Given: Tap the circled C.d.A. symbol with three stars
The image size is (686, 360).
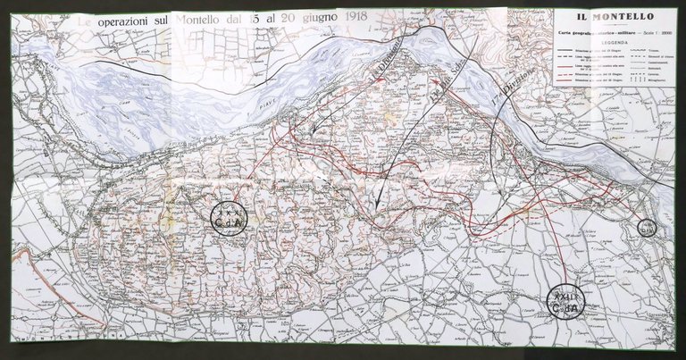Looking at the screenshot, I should pos(229,216).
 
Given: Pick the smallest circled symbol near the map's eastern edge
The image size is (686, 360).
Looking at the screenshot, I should pos(647,228).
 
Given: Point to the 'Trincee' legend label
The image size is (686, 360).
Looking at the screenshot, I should pos(649,50).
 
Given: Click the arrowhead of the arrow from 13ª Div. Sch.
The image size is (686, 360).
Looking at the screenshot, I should pos(378,205).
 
